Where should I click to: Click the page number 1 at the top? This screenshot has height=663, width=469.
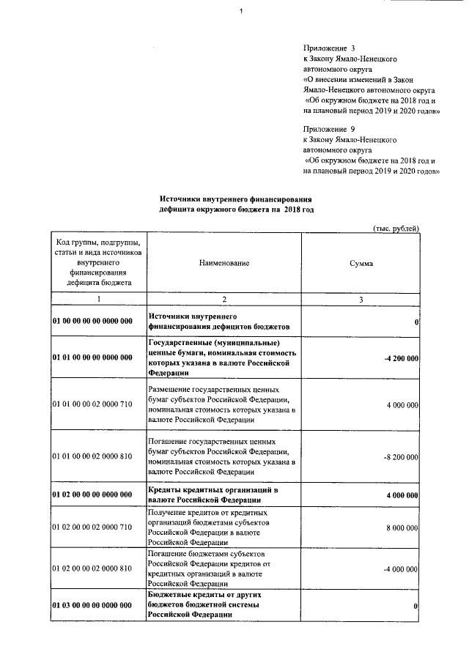click(x=241, y=10)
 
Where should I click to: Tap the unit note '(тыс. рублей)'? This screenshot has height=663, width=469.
click(x=396, y=229)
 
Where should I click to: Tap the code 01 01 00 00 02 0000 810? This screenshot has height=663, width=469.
click(x=92, y=456)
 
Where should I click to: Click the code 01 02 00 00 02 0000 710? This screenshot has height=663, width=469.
click(x=92, y=527)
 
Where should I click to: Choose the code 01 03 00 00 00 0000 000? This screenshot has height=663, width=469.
click(x=92, y=606)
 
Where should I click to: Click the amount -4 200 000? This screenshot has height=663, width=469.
click(x=401, y=358)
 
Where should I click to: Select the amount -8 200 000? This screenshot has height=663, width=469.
click(x=401, y=456)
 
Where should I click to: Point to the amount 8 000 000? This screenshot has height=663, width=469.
click(x=401, y=527)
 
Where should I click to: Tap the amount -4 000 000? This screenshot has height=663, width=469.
click(x=401, y=568)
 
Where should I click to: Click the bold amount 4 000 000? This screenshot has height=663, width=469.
click(x=401, y=495)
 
